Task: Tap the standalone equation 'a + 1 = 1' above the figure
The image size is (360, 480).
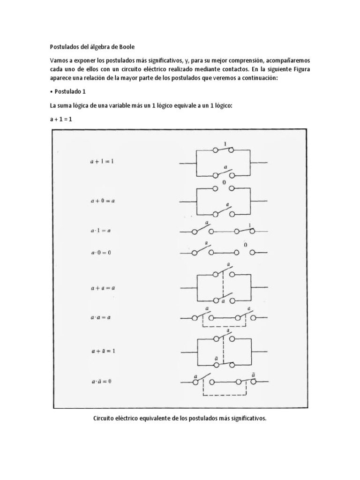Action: [x=61, y=120]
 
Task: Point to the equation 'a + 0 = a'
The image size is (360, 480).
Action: [x=102, y=200]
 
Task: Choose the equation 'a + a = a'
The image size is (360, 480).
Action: [x=103, y=287]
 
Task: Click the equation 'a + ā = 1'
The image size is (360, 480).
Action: [x=103, y=351]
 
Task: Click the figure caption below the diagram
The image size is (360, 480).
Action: [x=180, y=419]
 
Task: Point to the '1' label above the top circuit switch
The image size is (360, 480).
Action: [x=225, y=144]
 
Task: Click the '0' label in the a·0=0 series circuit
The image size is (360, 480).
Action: [x=245, y=245]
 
